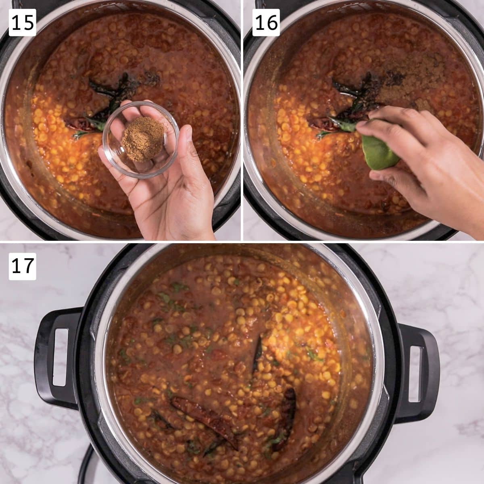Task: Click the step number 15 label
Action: tap(22, 23)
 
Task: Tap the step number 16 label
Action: tap(266, 23)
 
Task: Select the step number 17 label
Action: tap(22, 266)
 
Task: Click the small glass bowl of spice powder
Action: tap(141, 140)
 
